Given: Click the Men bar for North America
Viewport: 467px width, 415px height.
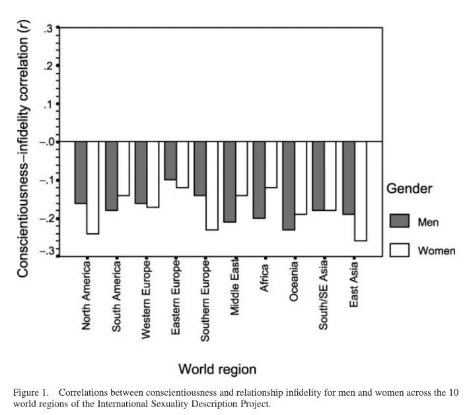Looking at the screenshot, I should pos(81,172).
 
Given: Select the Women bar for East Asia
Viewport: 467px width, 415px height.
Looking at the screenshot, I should pos(360,191).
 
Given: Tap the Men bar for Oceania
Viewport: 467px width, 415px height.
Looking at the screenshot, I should pos(288,186).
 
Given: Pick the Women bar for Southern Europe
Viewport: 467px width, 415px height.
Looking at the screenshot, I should pos(211,186).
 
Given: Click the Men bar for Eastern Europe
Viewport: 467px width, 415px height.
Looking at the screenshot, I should pos(170,161).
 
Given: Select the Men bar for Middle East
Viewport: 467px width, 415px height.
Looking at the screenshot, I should pos(229,182).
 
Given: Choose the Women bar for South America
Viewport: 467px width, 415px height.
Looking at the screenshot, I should pos(122,169).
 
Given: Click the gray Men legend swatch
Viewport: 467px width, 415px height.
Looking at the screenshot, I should pos(400,220).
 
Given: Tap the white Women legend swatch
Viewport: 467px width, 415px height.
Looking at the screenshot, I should pos(400,250).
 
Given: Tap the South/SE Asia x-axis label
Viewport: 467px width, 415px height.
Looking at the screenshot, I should pos(324,299).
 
